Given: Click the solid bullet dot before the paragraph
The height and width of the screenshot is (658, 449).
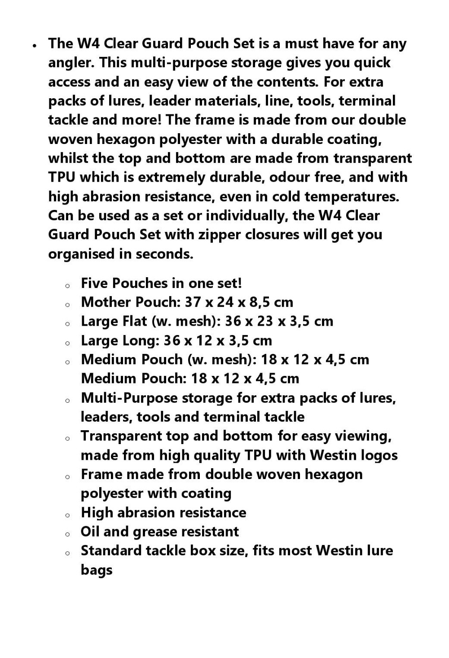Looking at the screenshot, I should point(34,45).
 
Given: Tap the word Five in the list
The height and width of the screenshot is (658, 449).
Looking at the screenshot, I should point(94,283).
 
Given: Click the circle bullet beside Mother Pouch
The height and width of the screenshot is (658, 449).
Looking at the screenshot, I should point(67,305).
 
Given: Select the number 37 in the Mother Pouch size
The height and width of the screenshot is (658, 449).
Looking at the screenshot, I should point(193,302).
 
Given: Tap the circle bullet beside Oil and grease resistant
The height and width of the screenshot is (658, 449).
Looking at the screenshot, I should point(67,534).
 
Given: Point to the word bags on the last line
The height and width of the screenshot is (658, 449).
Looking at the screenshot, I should point(96,570).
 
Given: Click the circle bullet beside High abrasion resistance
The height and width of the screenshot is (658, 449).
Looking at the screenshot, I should point(67,515).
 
